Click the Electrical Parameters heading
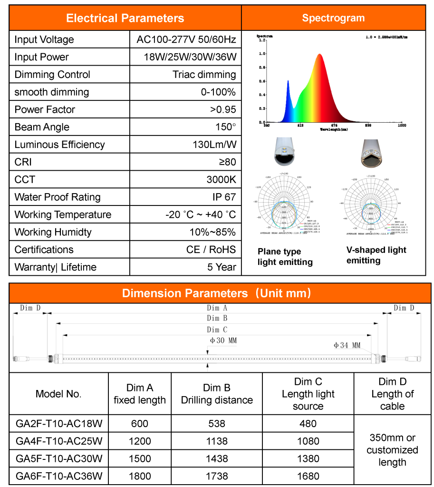point(125,19)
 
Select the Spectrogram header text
point(333,18)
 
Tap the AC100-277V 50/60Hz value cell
point(186,39)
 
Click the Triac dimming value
point(204,75)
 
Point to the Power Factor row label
point(46,109)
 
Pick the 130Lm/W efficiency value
point(214,145)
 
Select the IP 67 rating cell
point(224,197)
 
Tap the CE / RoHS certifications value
point(211,250)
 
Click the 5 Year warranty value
point(222,267)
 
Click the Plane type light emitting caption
point(285,257)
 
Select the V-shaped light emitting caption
point(376,255)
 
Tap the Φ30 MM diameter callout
point(223,341)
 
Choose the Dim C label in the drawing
point(217,330)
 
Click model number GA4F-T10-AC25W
point(59,441)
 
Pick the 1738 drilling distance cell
point(217,476)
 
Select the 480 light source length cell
point(308,424)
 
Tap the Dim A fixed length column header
point(140,394)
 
